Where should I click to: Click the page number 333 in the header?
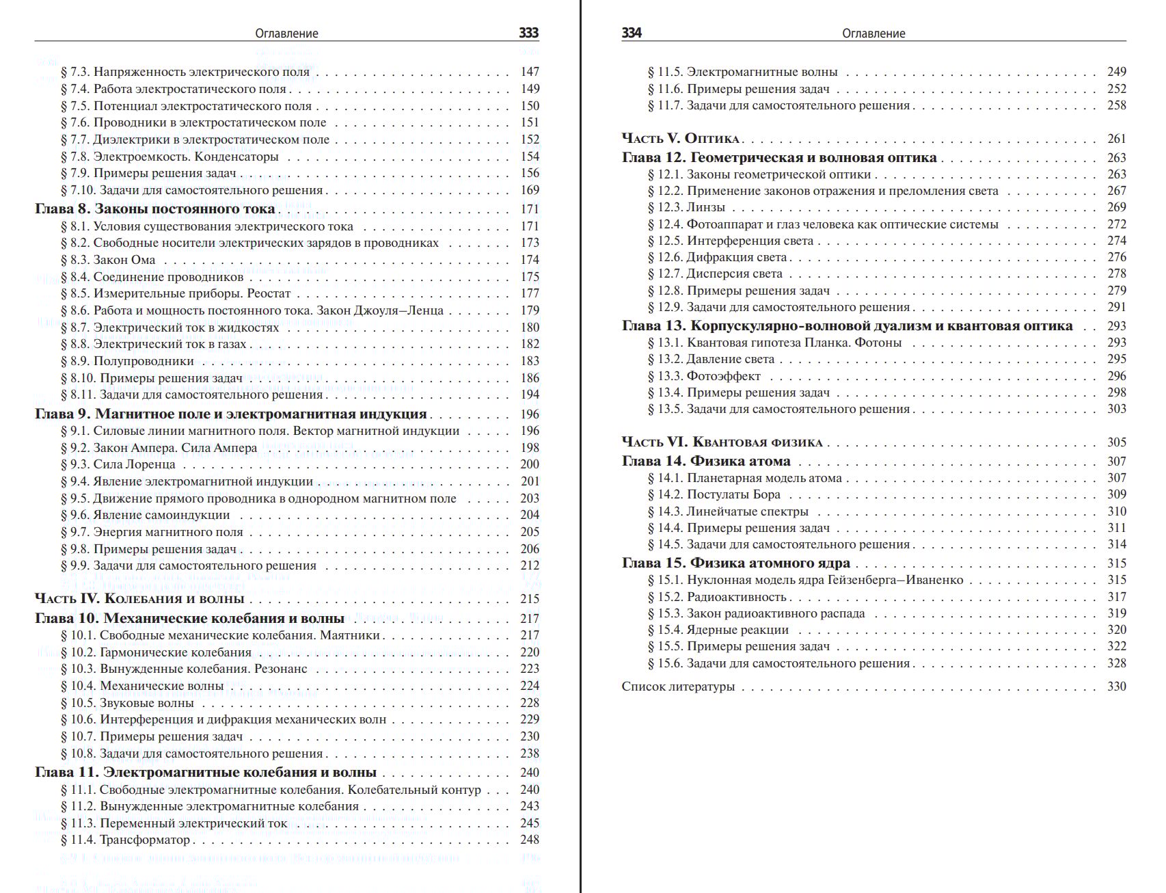click(x=528, y=33)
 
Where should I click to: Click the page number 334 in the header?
click(x=632, y=33)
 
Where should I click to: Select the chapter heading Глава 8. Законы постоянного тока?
click(x=155, y=209)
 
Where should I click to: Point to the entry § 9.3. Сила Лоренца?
click(x=118, y=464)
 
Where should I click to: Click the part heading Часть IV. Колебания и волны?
click(x=139, y=599)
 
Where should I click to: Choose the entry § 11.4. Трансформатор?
click(x=125, y=840)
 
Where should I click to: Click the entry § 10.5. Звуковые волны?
click(x=127, y=703)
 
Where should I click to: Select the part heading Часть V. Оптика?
click(x=681, y=139)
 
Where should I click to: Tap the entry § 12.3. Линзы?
click(x=686, y=207)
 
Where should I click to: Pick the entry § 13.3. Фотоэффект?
click(x=704, y=376)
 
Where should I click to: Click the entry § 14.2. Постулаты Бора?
click(x=714, y=494)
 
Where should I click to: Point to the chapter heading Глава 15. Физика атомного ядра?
click(x=736, y=563)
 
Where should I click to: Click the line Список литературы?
click(x=678, y=687)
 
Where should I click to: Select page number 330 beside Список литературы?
click(x=1116, y=687)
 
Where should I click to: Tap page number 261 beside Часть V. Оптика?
click(x=1116, y=139)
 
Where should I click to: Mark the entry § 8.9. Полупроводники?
click(x=127, y=361)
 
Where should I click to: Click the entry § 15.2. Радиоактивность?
click(x=717, y=597)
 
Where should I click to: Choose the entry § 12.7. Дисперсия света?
click(x=715, y=274)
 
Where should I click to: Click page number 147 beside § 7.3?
click(x=530, y=72)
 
